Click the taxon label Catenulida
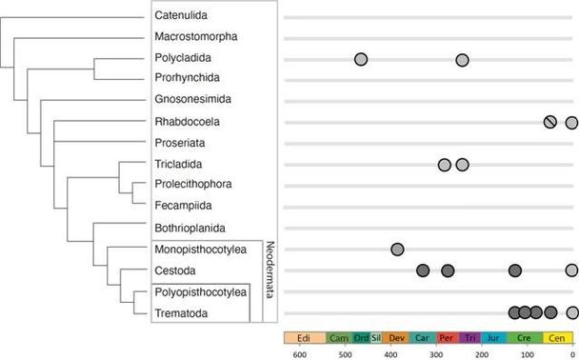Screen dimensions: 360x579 pyautogui.click(x=183, y=16)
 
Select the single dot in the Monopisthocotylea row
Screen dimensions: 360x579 pyautogui.click(x=397, y=250)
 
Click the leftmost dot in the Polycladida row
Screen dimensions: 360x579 pyautogui.click(x=361, y=59)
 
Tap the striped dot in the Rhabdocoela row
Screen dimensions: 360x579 pyautogui.click(x=550, y=122)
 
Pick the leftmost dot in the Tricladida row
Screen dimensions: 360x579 pyautogui.click(x=445, y=165)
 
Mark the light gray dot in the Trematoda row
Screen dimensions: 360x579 pyautogui.click(x=571, y=312)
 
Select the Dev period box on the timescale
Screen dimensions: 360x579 pyautogui.click(x=397, y=337)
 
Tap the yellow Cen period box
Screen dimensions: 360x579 pyautogui.click(x=556, y=337)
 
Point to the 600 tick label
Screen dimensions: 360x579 pyautogui.click(x=299, y=353)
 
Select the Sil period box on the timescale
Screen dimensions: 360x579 pyautogui.click(x=376, y=337)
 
